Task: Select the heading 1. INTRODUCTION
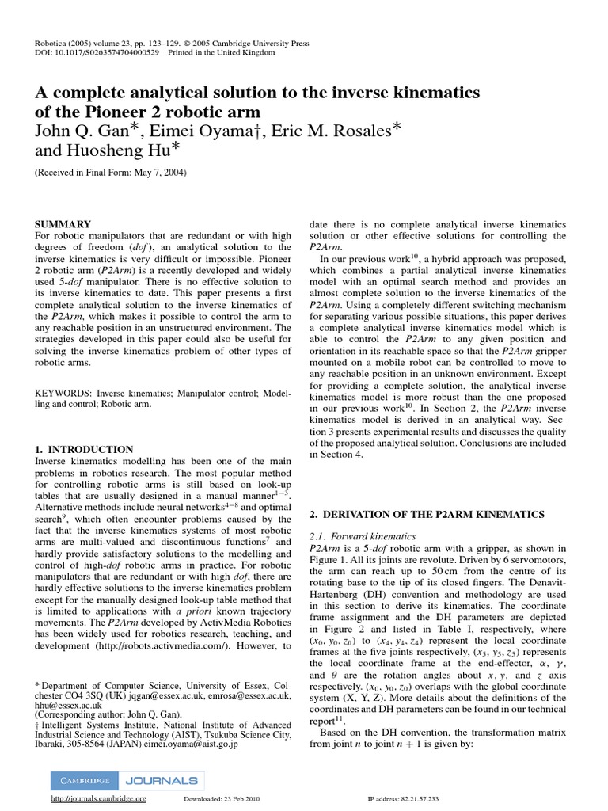pos(84,449)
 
